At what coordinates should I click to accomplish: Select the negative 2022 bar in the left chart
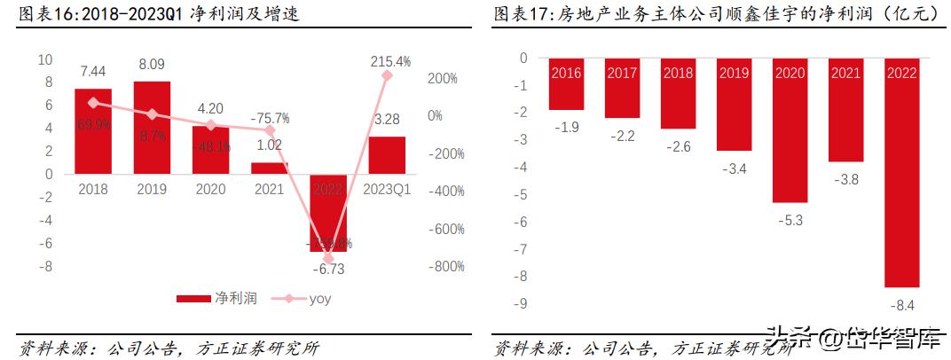click(x=328, y=213)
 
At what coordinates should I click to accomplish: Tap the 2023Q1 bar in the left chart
click(x=387, y=155)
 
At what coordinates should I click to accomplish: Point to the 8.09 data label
click(x=152, y=64)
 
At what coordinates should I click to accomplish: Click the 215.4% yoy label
click(x=389, y=61)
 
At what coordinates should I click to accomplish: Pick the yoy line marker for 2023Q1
click(x=388, y=76)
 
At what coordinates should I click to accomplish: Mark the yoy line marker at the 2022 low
click(x=328, y=259)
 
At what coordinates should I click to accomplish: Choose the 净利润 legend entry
click(x=216, y=299)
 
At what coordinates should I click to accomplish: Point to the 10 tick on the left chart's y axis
click(x=45, y=59)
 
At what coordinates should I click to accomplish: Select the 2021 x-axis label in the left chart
click(x=270, y=188)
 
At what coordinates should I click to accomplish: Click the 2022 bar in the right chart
click(x=900, y=173)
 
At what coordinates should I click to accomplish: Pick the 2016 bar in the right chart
click(x=566, y=84)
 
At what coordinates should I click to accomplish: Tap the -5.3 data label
click(x=789, y=220)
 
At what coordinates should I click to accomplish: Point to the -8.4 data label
click(x=900, y=306)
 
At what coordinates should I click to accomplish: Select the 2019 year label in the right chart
click(x=733, y=73)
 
